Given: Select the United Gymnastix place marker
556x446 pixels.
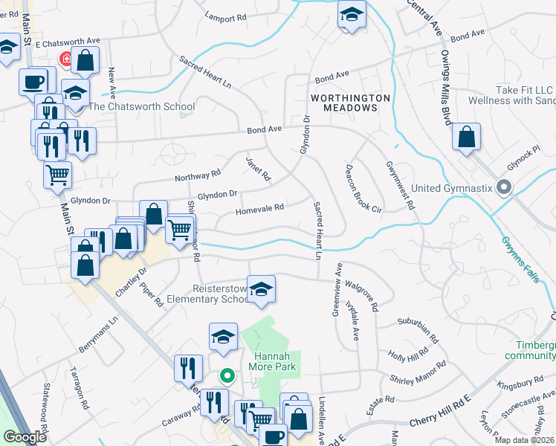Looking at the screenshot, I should click(x=505, y=187).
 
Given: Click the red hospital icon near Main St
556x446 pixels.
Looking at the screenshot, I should click(x=66, y=59).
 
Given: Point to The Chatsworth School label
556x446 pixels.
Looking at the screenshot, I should click(x=141, y=106).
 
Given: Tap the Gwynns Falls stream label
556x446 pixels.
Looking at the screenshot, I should click(x=519, y=254).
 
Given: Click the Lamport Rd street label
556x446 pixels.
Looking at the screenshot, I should click(x=226, y=17).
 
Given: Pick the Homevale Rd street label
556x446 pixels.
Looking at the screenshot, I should click(x=260, y=210).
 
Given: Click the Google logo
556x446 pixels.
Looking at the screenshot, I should click(x=25, y=436).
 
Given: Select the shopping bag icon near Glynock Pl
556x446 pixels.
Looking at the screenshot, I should click(x=466, y=137).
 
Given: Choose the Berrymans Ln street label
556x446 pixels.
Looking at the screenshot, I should click(x=98, y=336).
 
